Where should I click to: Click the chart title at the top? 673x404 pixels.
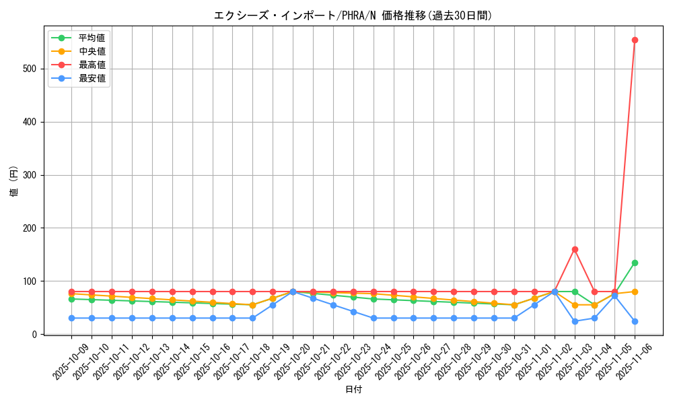[x=353, y=15]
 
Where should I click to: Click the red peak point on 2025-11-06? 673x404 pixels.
[x=635, y=40]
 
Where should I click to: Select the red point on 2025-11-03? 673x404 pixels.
[x=575, y=249]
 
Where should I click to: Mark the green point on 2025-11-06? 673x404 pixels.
[x=635, y=263]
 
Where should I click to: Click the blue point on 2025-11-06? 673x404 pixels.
[x=635, y=321]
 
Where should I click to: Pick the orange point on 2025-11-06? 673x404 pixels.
[x=635, y=292]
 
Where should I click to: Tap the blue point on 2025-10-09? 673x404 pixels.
[x=71, y=318]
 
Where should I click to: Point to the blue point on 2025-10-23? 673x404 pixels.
[x=353, y=312]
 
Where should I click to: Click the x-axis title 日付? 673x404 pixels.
[x=353, y=390]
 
